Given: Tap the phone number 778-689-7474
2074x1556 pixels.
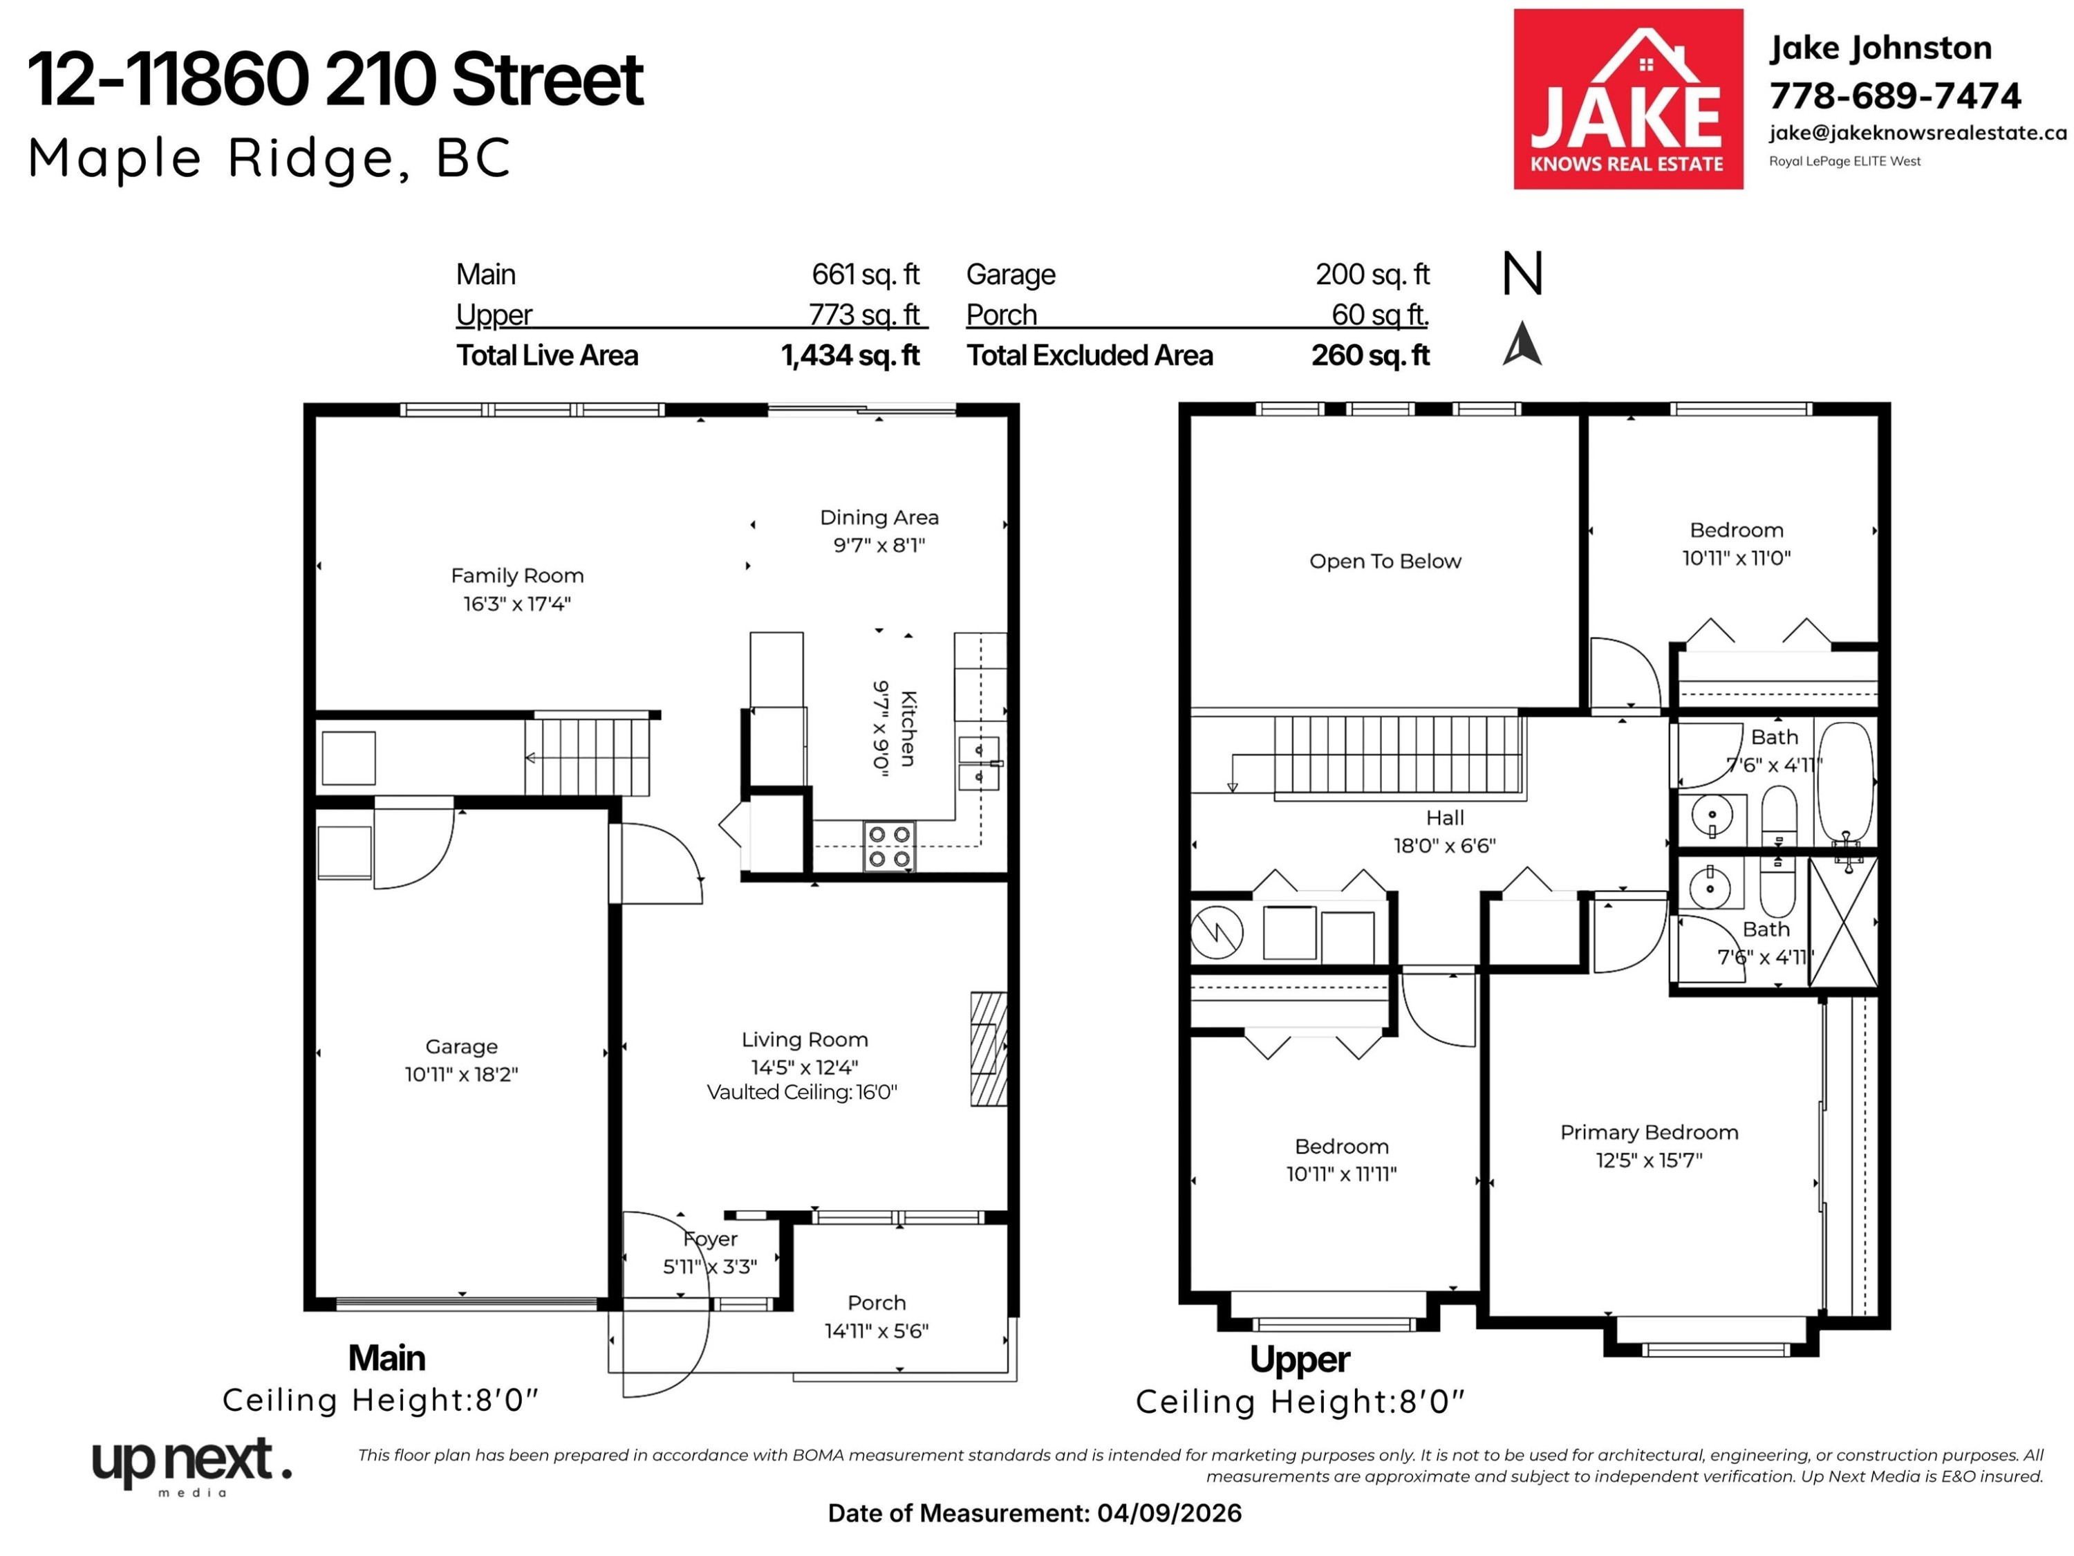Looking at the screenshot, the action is point(1895,95).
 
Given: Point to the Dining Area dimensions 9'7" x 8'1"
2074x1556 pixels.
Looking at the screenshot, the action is point(879,545).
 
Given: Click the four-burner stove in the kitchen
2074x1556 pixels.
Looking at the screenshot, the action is point(889,847).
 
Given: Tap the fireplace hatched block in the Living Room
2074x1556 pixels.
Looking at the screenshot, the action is point(988,1050).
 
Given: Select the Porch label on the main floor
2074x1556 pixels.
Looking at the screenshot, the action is point(877,1303).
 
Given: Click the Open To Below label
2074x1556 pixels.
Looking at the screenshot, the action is point(1385,561).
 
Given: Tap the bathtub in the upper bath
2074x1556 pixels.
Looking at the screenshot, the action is point(1845,782).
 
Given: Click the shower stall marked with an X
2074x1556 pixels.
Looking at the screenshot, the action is point(1842,922).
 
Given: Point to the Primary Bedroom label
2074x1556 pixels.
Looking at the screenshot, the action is point(1650,1132).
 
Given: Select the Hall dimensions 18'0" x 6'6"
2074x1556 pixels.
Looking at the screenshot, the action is point(1444,845).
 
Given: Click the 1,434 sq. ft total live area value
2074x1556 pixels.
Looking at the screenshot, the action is point(850,355).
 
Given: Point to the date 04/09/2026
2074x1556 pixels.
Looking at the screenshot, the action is point(1169,1513).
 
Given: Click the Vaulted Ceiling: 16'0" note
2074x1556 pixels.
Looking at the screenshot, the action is point(802,1092).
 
